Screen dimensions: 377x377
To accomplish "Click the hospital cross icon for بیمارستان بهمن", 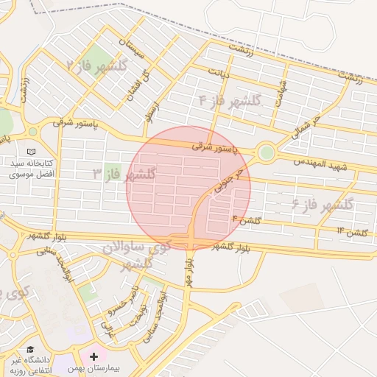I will (94, 357).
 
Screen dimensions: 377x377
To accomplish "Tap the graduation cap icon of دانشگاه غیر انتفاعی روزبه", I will (30, 350).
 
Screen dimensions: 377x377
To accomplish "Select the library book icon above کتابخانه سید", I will (32, 131).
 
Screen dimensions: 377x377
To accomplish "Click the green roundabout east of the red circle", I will (266, 152).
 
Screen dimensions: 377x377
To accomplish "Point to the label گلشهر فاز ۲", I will (98, 66).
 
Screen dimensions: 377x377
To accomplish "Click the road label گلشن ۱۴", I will (351, 232).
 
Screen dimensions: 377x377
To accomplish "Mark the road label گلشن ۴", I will (247, 219).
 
